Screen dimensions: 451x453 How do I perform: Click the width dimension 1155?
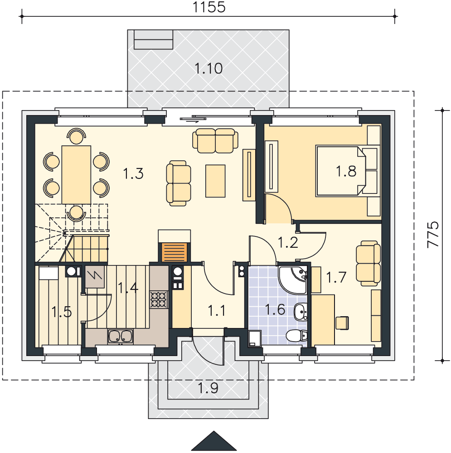tap(209, 7)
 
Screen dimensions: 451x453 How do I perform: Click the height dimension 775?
tap(433, 234)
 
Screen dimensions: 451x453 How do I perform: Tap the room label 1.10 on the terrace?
tap(209, 68)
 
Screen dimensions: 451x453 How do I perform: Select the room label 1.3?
tap(133, 173)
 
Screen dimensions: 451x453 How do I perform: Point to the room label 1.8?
tap(346, 171)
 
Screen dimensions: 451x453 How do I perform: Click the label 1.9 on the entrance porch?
tap(208, 388)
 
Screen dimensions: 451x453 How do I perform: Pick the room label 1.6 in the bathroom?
tap(275, 310)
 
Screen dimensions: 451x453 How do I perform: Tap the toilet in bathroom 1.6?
tap(296, 336)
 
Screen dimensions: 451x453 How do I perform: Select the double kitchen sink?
tap(121, 336)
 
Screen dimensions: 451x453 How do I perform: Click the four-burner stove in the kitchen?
tap(159, 299)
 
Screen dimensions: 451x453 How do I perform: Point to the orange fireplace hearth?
tap(175, 252)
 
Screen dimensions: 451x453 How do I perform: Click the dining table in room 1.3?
tap(76, 175)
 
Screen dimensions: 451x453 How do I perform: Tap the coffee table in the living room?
tap(215, 181)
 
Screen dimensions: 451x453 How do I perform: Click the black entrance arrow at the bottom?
tap(214, 441)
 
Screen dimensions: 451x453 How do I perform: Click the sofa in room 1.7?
tap(369, 264)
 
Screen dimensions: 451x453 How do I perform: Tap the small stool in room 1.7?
tap(342, 323)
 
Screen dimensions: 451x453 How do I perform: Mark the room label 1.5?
tap(61, 312)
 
